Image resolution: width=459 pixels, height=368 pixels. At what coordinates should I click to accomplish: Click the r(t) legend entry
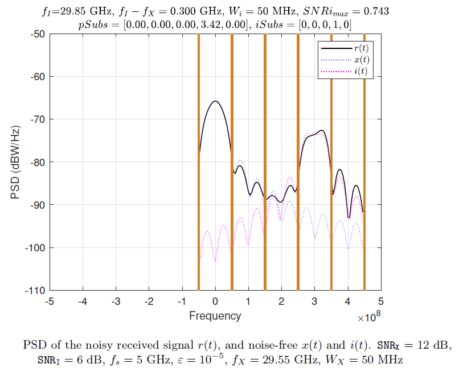click(x=360, y=48)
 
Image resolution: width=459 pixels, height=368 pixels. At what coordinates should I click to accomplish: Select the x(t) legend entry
click(x=360, y=60)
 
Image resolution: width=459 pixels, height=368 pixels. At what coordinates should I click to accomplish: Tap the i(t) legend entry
click(x=360, y=71)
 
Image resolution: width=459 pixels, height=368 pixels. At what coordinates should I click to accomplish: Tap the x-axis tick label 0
click(x=215, y=301)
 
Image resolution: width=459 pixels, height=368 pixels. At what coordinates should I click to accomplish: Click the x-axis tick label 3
click(x=314, y=301)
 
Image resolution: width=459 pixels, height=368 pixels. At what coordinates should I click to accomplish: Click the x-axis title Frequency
click(x=215, y=316)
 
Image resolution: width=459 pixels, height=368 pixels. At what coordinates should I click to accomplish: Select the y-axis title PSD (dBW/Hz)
click(x=15, y=162)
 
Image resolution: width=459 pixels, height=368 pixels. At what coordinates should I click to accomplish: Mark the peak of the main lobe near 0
click(x=215, y=101)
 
